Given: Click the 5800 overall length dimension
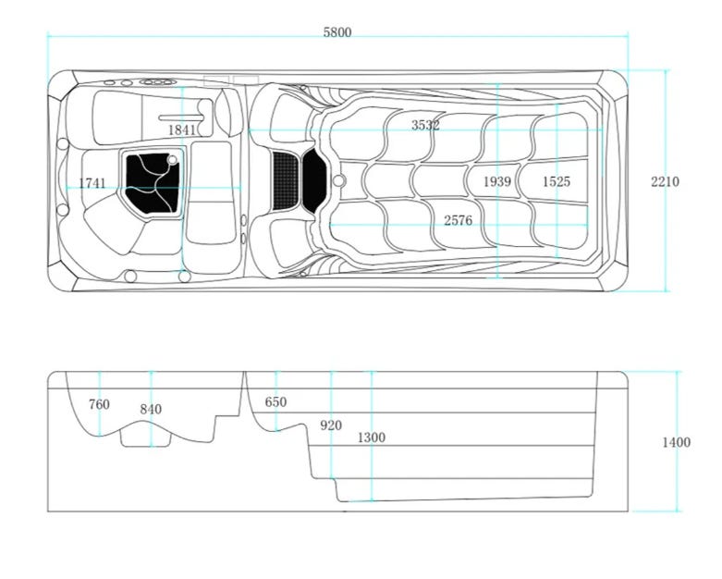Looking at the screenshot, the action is pyautogui.click(x=337, y=32).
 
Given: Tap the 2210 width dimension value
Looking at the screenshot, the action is pyautogui.click(x=665, y=181).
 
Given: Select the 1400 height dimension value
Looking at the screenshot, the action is pyautogui.click(x=677, y=442).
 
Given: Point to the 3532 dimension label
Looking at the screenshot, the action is pyautogui.click(x=425, y=125).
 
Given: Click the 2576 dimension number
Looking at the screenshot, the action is pyautogui.click(x=459, y=220).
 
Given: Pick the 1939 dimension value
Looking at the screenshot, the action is pyautogui.click(x=497, y=181).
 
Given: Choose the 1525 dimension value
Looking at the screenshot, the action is pyautogui.click(x=557, y=181).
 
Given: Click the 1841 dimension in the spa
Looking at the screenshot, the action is pyautogui.click(x=182, y=129).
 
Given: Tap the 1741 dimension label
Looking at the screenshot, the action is pyautogui.click(x=92, y=183).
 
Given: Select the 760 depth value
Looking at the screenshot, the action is pyautogui.click(x=99, y=404).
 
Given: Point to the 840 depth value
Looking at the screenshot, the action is pyautogui.click(x=151, y=409).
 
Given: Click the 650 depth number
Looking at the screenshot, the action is pyautogui.click(x=275, y=402).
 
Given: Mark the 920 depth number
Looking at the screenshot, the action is pyautogui.click(x=331, y=425).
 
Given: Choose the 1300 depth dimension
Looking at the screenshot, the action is pyautogui.click(x=372, y=437).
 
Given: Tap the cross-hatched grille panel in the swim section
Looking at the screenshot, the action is pyautogui.click(x=286, y=180).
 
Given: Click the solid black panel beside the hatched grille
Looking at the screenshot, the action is pyautogui.click(x=314, y=180).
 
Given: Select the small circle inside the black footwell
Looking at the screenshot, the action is pyautogui.click(x=172, y=160).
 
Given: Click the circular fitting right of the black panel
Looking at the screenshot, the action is pyautogui.click(x=338, y=180).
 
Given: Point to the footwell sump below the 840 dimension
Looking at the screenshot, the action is pyautogui.click(x=145, y=438).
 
